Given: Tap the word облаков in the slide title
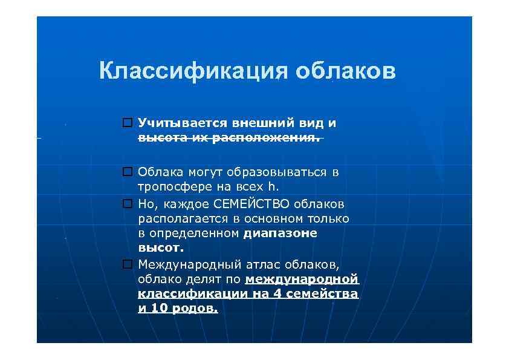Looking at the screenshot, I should click(346, 71).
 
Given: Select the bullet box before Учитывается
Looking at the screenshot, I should click(127, 123).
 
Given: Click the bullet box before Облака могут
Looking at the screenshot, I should click(127, 172).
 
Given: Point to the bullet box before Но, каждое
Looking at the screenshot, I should click(127, 204).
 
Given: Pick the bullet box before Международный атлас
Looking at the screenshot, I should click(127, 264).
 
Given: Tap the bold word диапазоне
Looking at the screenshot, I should click(280, 233).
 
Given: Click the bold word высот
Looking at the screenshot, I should click(160, 247).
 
